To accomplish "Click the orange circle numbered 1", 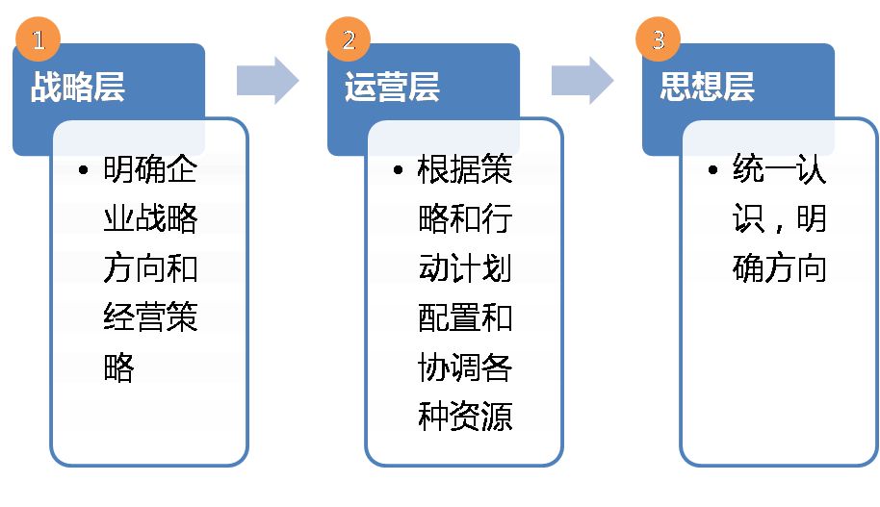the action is pos(39,39).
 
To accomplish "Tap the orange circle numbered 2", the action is pos(348,39).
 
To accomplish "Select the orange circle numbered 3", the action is pos(658,39).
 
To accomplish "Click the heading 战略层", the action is pos(78,87).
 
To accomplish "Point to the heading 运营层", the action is pos(392,87).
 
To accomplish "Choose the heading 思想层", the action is pos(707,87).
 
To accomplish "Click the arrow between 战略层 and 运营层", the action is pos(268,80).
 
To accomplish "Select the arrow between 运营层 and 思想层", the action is pos(582,80).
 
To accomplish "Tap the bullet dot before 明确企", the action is pos(84,169).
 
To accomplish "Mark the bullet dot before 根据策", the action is pos(398,169).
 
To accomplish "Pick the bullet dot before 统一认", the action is pos(712,169).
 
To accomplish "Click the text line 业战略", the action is pos(150,218).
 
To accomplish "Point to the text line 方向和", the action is pos(150,268).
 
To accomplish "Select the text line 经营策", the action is pos(150,317).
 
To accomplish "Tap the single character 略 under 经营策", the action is pos(119,368).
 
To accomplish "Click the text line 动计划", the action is pos(465,268).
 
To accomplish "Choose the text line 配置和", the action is pos(465,317).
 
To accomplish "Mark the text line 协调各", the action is pos(465,368).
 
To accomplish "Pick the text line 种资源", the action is pos(465,417).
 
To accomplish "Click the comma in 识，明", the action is pos(779,228).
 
